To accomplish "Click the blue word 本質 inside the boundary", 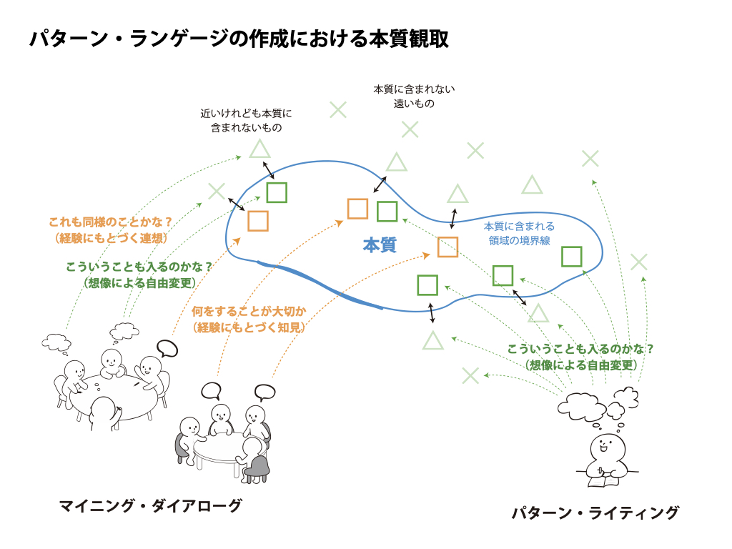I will click(379, 245).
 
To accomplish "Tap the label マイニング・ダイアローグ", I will click(150, 506).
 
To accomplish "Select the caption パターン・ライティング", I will click(595, 513).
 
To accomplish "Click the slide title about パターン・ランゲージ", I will click(239, 39).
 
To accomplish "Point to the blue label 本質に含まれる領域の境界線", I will click(519, 234).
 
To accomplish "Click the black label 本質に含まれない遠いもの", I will click(414, 97).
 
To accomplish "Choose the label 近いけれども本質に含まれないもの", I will click(246, 121).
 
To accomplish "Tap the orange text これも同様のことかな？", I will click(111, 222).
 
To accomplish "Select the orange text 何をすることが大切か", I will click(249, 311).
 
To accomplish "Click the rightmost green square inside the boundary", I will click(572, 257).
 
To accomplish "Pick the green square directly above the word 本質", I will click(387, 212).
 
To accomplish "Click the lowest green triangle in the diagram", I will click(432, 341).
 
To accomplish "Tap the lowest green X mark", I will click(470, 375).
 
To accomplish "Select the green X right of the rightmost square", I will click(638, 262).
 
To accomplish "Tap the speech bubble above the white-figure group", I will click(167, 349).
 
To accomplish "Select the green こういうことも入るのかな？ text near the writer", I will click(580, 349).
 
